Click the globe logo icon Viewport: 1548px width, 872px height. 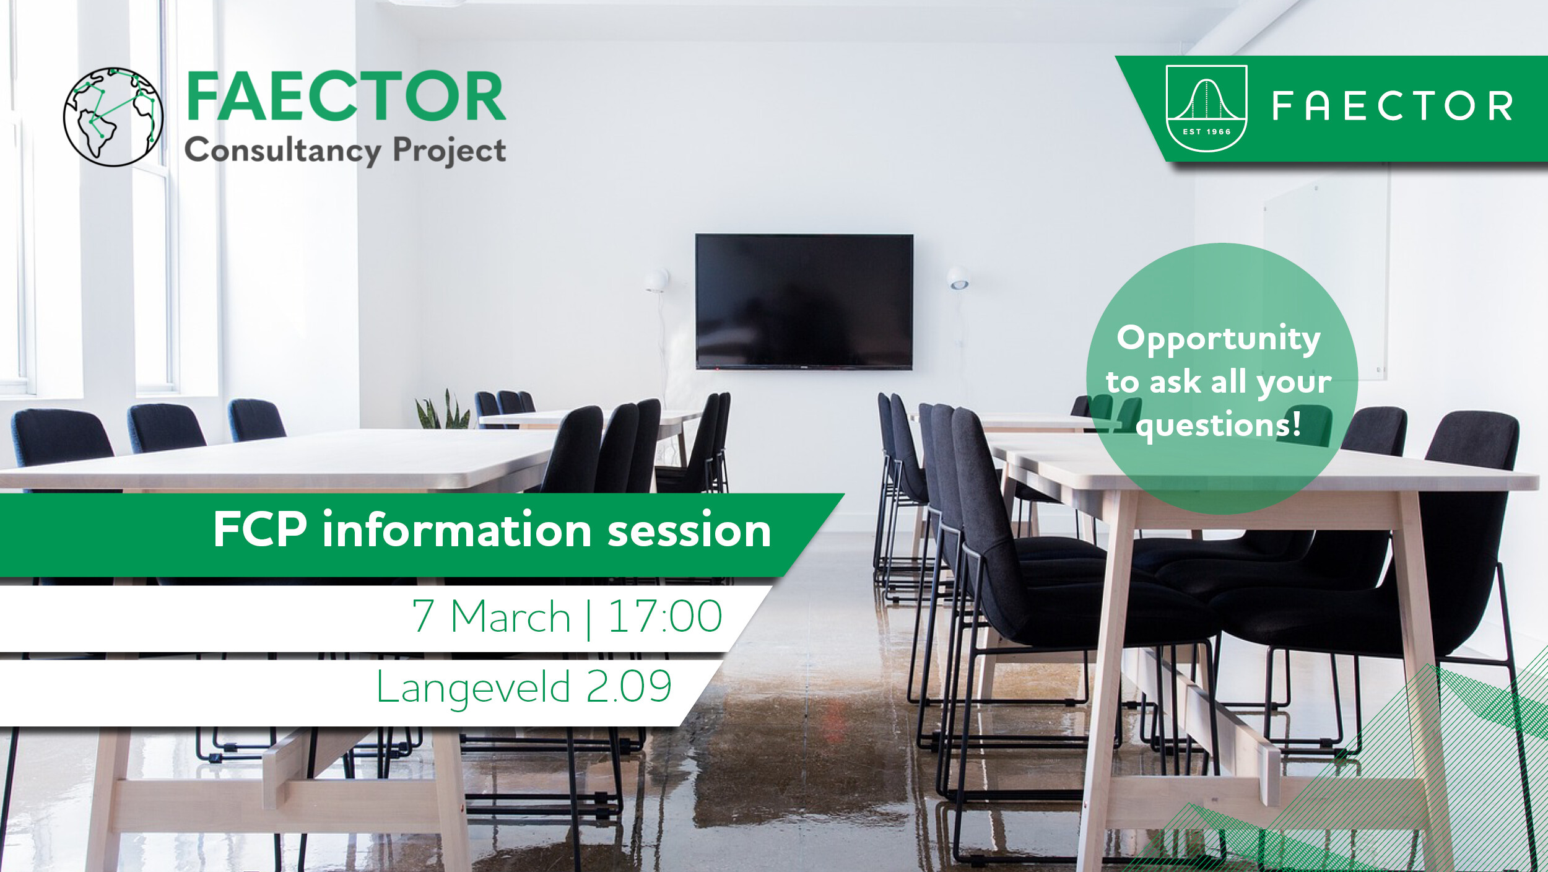pos(113,117)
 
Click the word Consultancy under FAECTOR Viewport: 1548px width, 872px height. pos(283,150)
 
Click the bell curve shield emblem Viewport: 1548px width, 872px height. pos(1206,108)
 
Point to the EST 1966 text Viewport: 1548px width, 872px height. pos(1206,132)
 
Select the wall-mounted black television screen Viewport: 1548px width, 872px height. pos(804,302)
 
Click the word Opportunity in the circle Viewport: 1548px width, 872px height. pos(1219,339)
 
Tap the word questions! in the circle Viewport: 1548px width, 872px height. pos(1219,426)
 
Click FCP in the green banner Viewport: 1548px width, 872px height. pos(260,530)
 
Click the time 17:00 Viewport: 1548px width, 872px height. pos(665,616)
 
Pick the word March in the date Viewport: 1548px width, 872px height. pos(510,616)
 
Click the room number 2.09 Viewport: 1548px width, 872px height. pos(628,686)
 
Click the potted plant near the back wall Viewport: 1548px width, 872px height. pos(443,410)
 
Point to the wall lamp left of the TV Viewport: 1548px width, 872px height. pos(656,281)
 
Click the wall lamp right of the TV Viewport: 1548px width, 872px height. pos(958,278)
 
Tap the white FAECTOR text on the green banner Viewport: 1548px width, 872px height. pos(1393,106)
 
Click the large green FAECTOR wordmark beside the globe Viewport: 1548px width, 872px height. pos(346,97)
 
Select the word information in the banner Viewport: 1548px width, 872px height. pos(457,530)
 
